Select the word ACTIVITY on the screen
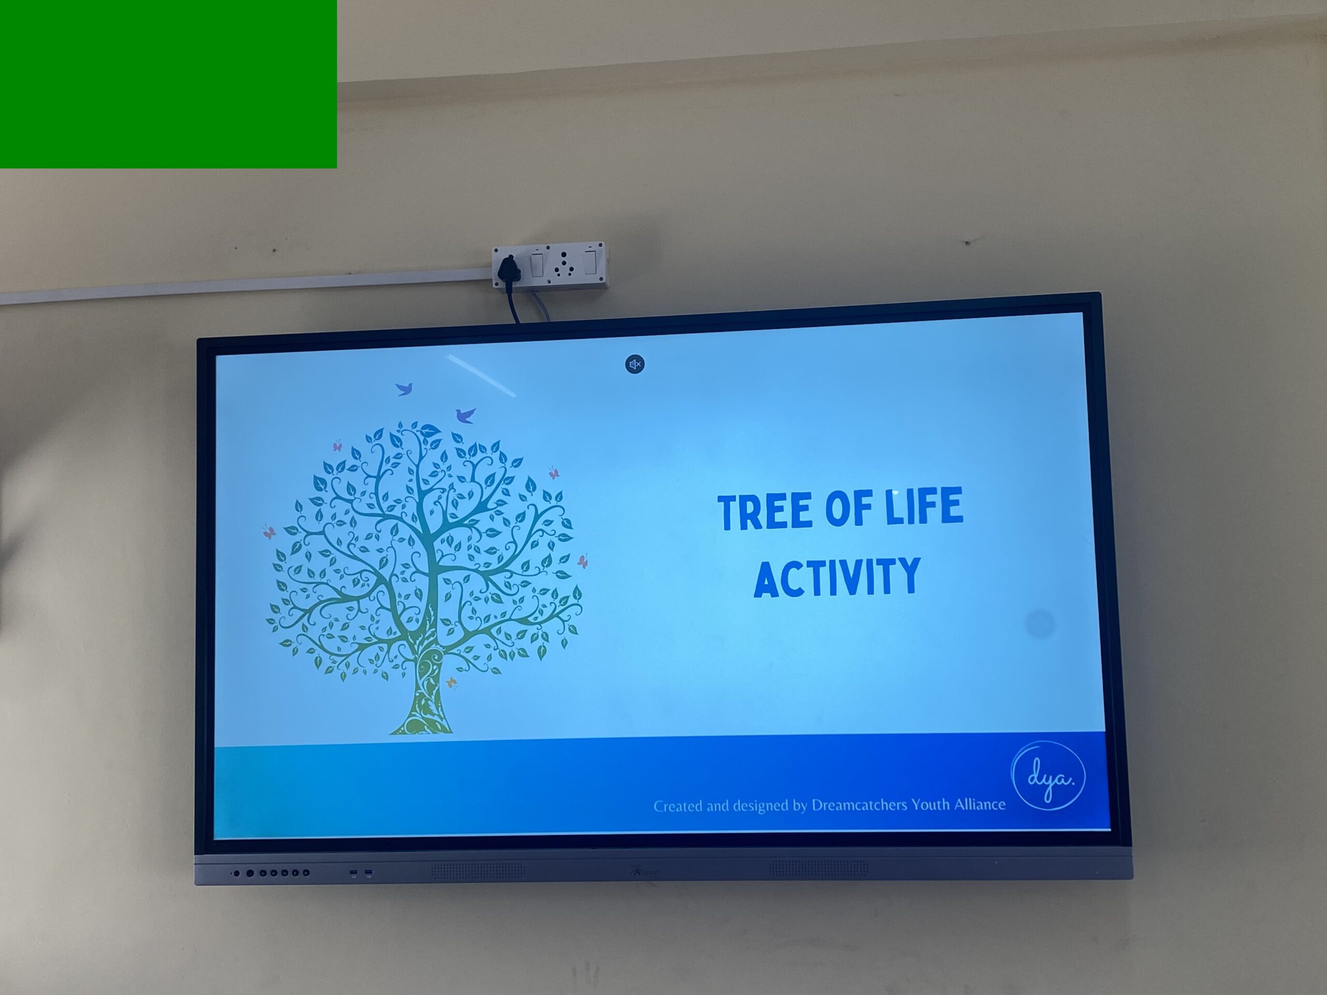[x=837, y=576]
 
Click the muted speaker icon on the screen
[x=634, y=364]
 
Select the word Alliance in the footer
[x=980, y=804]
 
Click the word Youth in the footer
[x=929, y=804]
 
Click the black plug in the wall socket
[x=508, y=269]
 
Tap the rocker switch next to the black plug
[x=537, y=263]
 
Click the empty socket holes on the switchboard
[x=563, y=263]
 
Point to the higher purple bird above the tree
[x=404, y=389]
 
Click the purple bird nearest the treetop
[x=465, y=415]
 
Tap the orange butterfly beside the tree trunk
[x=451, y=682]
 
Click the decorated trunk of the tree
[x=423, y=690]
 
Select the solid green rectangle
[x=168, y=84]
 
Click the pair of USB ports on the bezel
[x=361, y=873]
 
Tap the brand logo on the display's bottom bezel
[x=645, y=870]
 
